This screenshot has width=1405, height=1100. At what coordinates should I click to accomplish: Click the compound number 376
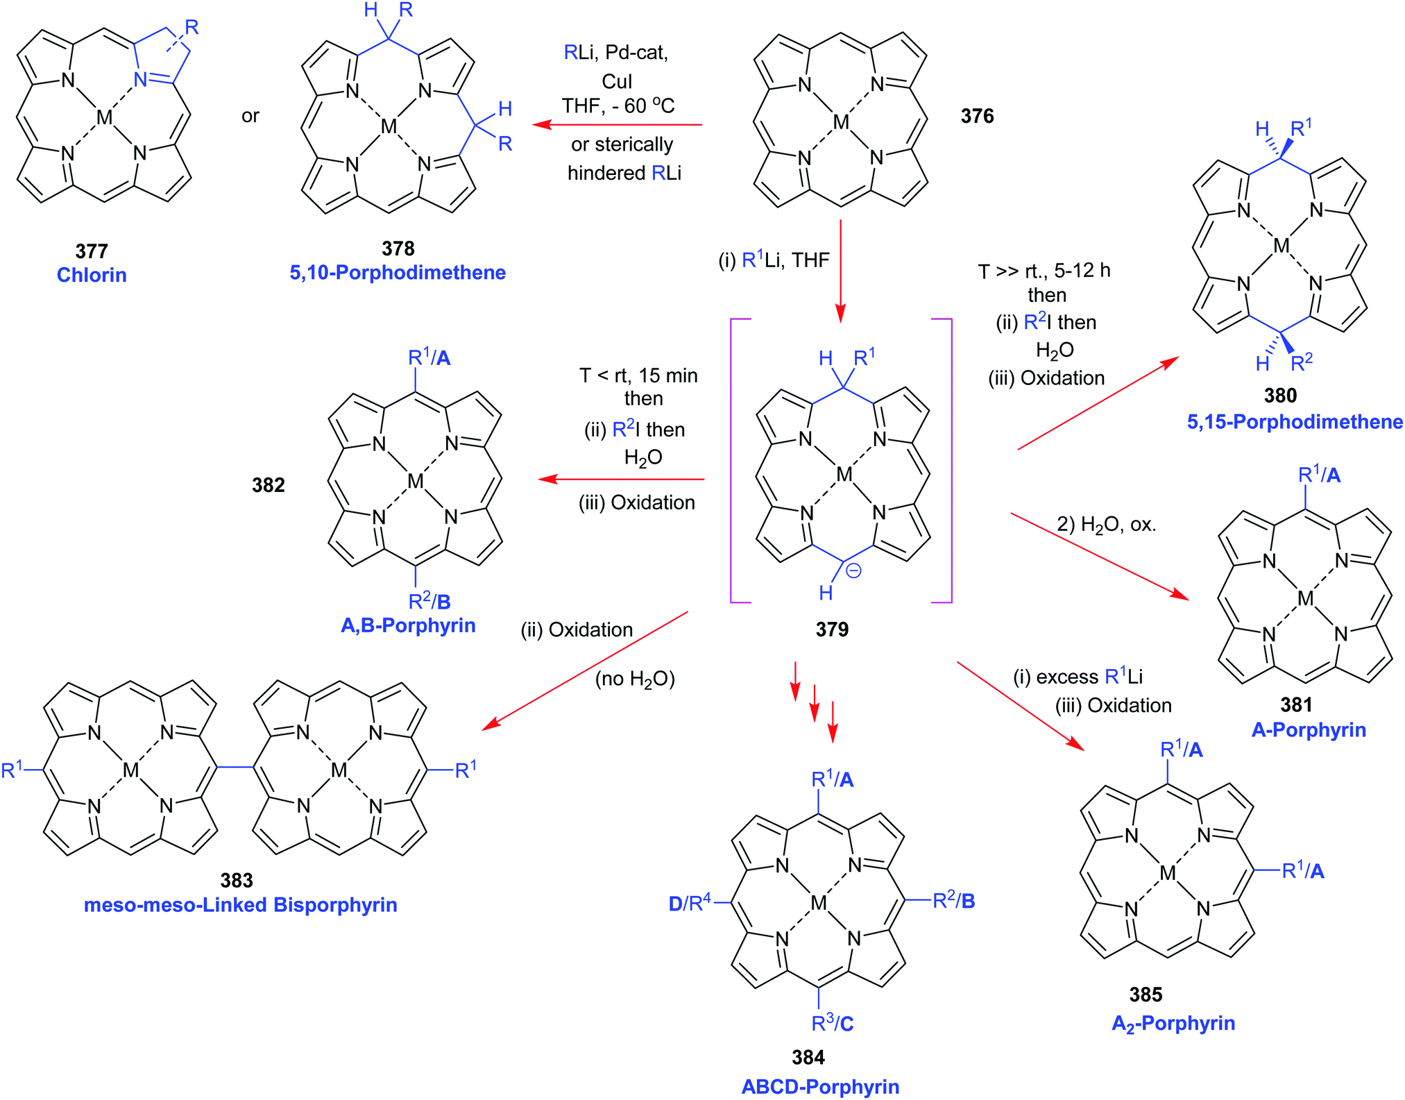click(x=977, y=116)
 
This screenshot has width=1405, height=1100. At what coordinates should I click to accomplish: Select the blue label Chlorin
click(x=92, y=275)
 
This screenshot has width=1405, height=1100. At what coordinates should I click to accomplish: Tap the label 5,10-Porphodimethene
click(x=397, y=273)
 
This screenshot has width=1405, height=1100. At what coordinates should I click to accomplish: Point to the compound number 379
click(x=832, y=629)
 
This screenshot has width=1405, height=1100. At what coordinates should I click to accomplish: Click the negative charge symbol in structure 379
click(x=853, y=571)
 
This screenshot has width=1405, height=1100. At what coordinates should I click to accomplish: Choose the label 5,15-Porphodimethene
click(x=1295, y=422)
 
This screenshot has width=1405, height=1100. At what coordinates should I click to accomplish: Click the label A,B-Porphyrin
click(x=408, y=625)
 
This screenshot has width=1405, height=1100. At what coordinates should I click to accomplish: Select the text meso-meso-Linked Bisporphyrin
click(x=240, y=905)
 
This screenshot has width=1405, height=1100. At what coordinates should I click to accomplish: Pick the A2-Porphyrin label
click(x=1173, y=1024)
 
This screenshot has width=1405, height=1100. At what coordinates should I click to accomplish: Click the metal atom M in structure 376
click(x=841, y=123)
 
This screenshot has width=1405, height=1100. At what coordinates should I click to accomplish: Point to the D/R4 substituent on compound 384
click(x=690, y=903)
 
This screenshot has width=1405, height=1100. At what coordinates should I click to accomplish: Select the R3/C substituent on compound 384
click(x=832, y=1023)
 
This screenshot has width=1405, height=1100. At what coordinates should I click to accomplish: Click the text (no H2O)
click(x=635, y=679)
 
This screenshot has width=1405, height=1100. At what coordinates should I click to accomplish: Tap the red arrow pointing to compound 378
click(x=618, y=125)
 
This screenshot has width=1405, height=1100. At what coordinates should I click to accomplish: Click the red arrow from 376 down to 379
click(x=840, y=271)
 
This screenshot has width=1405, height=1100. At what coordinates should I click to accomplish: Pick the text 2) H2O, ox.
click(x=1106, y=525)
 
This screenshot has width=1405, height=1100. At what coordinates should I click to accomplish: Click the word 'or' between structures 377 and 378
click(x=250, y=116)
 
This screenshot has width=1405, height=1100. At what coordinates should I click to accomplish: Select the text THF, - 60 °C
click(x=618, y=106)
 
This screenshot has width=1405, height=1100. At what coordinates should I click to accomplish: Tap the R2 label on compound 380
click(x=1302, y=362)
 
